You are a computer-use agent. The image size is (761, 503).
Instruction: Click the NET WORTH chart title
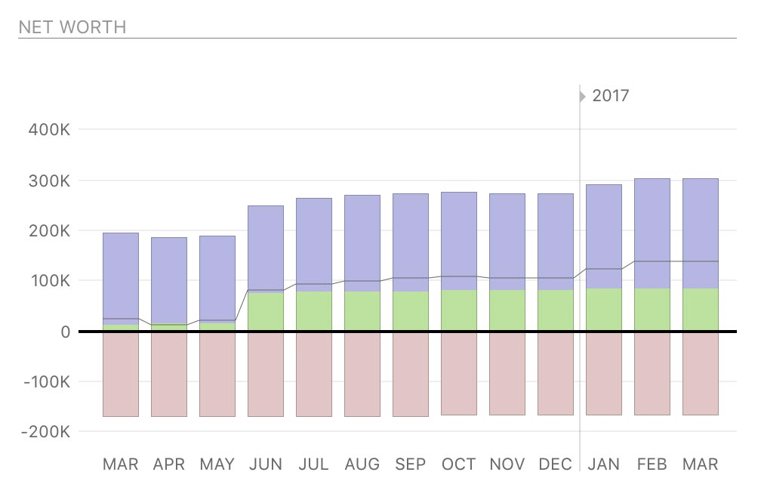(x=72, y=27)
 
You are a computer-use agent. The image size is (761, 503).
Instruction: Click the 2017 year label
(x=611, y=96)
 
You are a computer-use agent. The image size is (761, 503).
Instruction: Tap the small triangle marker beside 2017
(x=582, y=96)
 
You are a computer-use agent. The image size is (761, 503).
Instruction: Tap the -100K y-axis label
(x=47, y=382)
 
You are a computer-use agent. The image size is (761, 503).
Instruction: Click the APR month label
(x=169, y=464)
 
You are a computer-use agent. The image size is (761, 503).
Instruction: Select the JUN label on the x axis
(x=266, y=464)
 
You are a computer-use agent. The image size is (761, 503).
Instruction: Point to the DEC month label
(x=556, y=464)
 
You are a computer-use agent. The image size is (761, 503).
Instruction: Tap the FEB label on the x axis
(x=652, y=464)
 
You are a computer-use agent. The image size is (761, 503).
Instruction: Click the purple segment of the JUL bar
(x=314, y=242)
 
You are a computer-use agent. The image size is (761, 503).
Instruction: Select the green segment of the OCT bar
(x=459, y=310)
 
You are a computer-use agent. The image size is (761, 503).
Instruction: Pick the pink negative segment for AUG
(x=362, y=374)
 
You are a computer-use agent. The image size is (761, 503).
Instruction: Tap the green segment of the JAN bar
(x=604, y=310)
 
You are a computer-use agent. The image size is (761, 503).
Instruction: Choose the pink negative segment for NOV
(x=507, y=373)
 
